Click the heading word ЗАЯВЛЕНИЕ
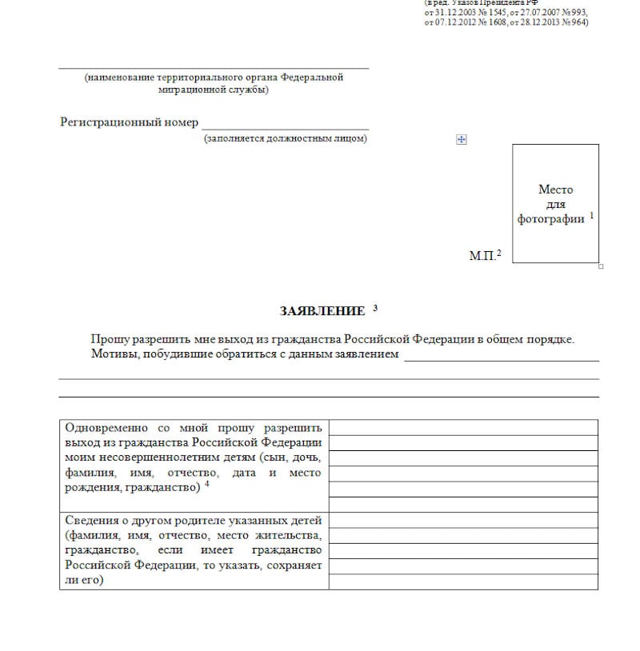click(322, 311)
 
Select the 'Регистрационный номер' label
click(129, 122)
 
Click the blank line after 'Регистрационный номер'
click(285, 127)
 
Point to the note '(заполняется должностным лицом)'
click(285, 139)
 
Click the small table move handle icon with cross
click(461, 139)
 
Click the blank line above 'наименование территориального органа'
click(214, 68)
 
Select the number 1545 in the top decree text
click(496, 13)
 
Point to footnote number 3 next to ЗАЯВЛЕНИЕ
click(375, 308)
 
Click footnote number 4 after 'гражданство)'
click(206, 484)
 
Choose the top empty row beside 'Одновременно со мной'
click(463, 427)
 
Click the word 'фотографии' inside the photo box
click(551, 219)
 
